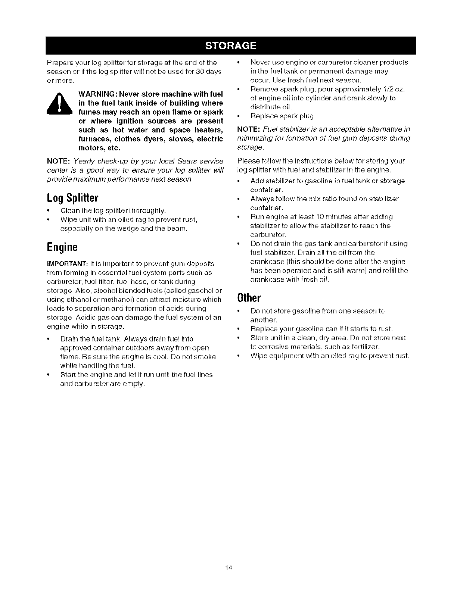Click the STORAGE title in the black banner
[x=230, y=46]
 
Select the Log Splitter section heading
[x=72, y=197]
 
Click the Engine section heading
[x=62, y=247]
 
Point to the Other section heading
[x=248, y=298]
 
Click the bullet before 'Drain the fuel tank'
[x=49, y=339]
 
